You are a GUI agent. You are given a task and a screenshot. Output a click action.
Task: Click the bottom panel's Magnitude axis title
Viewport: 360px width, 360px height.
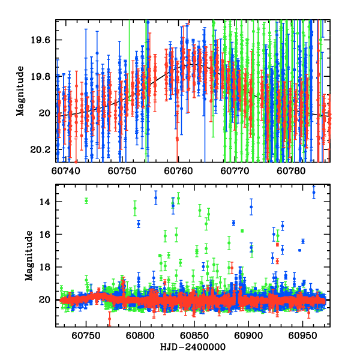pos(29,256)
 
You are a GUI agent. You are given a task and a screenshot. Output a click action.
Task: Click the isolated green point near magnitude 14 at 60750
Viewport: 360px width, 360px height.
pos(86,200)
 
